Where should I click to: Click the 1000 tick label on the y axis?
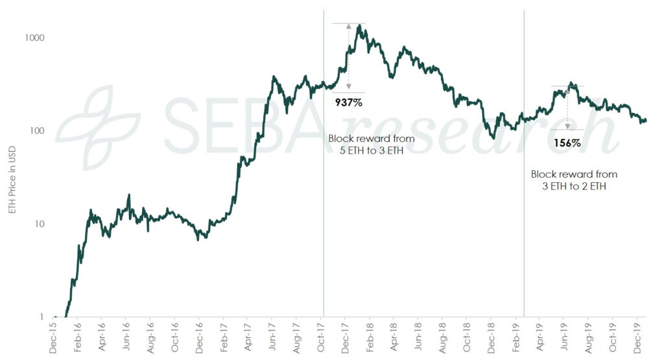pos(33,38)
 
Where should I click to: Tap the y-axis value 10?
pos(38,224)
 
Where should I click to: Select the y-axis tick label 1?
pos(41,317)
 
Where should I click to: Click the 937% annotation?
pos(348,102)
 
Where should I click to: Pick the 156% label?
pos(567,143)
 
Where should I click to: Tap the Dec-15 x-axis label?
pos(53,339)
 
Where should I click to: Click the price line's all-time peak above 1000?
pos(359,26)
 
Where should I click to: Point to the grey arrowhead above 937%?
pos(349,27)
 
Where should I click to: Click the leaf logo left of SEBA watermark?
pos(97,123)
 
